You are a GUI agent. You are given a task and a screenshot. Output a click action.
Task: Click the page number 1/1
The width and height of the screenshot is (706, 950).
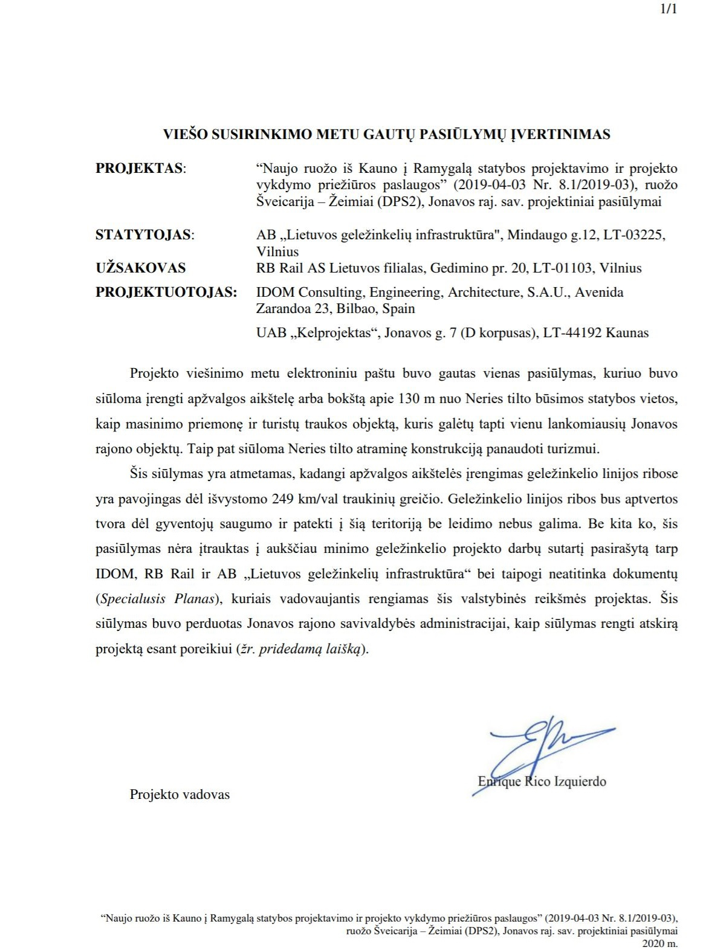point(669,10)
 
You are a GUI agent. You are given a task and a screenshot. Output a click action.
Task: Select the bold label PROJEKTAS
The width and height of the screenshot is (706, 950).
point(139,169)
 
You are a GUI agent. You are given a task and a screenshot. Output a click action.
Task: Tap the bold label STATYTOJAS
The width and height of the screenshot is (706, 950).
point(143,235)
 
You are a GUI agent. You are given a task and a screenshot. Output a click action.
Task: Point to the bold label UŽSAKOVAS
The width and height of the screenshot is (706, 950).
point(140,268)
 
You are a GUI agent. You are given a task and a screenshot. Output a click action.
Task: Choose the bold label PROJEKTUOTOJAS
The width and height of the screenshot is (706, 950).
point(166,292)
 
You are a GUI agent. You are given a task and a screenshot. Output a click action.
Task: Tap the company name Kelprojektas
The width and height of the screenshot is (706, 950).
point(332,333)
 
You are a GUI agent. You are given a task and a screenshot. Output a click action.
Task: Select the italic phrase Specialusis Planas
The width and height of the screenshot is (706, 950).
point(158,599)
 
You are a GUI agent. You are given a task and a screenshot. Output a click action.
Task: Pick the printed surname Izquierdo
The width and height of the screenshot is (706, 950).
point(580,781)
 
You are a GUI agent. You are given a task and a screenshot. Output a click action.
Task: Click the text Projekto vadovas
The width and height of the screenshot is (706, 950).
point(180,794)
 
